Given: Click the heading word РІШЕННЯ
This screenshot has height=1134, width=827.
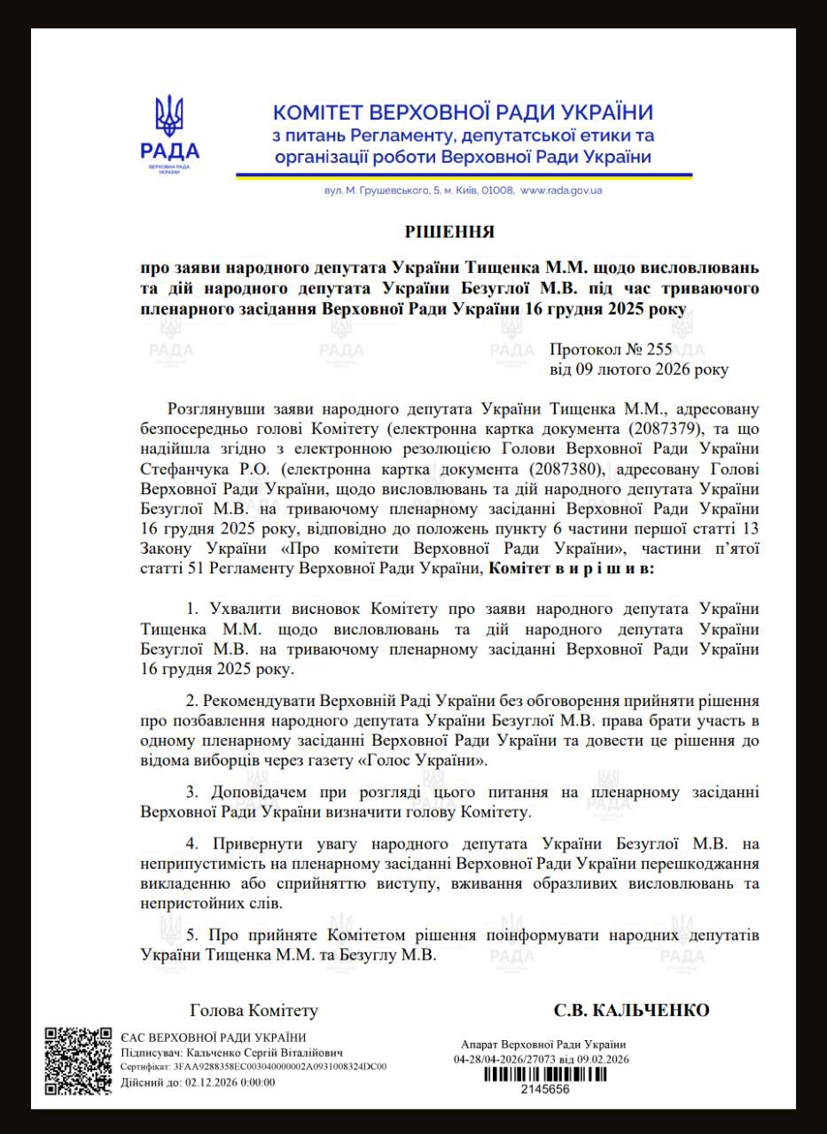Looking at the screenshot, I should coord(449,232).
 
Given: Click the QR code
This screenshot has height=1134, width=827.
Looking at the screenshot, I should coord(79,1061).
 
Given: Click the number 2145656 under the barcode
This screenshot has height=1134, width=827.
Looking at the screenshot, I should coord(544,1089).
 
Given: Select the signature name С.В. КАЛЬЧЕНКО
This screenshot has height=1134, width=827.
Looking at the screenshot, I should coord(631,1011).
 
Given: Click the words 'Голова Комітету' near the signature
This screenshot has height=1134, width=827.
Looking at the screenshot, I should coord(254,1011).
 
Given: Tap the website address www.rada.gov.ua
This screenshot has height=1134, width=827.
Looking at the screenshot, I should coord(561,190).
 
